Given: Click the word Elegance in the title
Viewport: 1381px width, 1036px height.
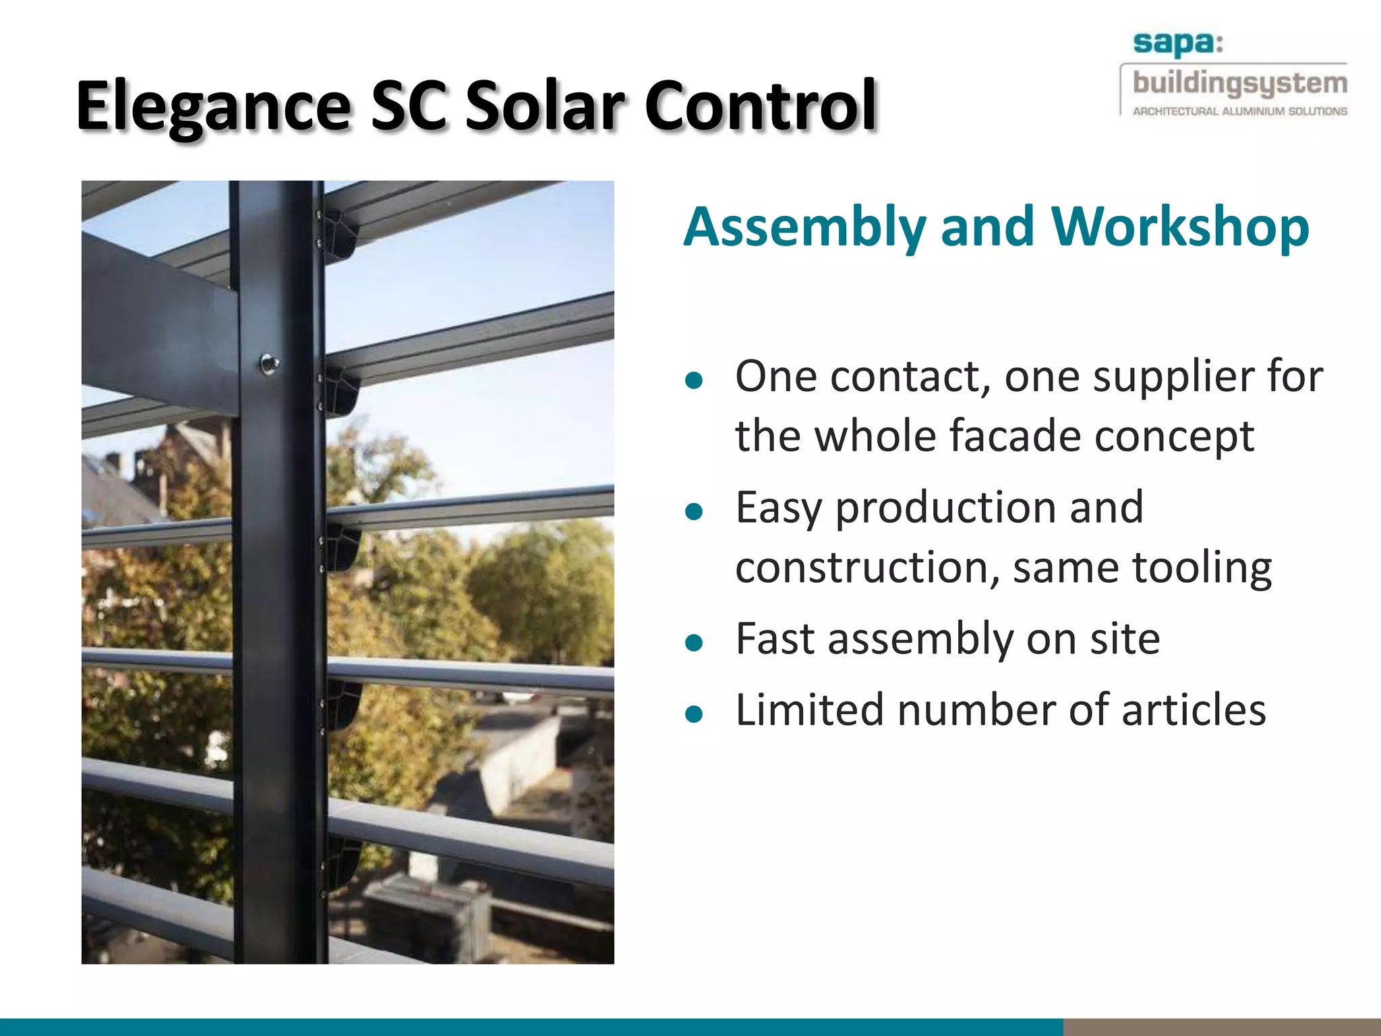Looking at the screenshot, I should [x=213, y=107].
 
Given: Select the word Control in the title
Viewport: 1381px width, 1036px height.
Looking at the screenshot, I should [x=760, y=107].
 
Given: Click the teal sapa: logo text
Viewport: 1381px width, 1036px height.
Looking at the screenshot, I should [x=1177, y=44].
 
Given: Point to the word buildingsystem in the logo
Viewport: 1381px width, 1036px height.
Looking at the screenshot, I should [x=1239, y=84].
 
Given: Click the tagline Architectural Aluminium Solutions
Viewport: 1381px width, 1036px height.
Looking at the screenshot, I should [x=1239, y=111].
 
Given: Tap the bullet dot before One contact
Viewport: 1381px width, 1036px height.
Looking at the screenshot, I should [x=693, y=381].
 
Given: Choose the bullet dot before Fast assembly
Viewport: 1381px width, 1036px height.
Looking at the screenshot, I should [x=693, y=643].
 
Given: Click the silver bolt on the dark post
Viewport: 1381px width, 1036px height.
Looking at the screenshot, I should [x=270, y=364].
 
